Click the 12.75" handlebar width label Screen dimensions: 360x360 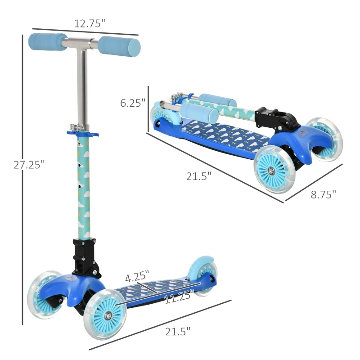click(x=90, y=23)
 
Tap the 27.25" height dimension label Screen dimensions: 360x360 click(x=29, y=165)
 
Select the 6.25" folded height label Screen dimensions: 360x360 click(x=133, y=103)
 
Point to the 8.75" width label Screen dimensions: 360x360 click(x=323, y=194)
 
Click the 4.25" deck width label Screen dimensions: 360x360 click(x=137, y=276)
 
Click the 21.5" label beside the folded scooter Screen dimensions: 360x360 click(x=198, y=176)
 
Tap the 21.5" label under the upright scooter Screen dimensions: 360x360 click(x=178, y=332)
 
